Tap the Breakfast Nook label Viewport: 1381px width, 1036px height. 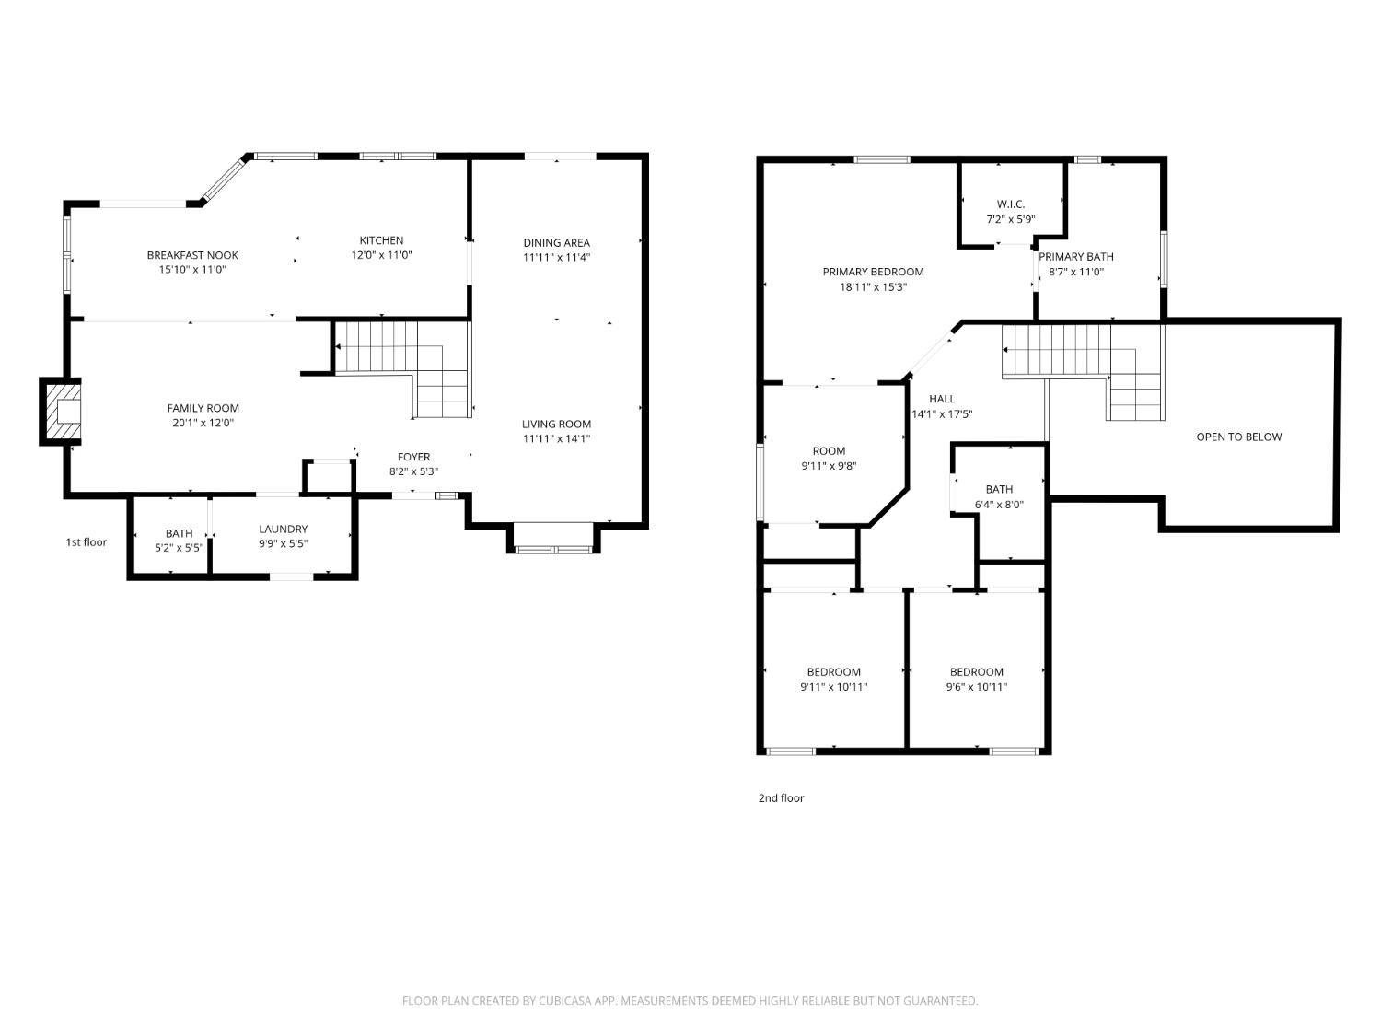coord(192,255)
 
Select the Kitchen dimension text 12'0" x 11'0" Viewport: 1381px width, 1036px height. coord(381,256)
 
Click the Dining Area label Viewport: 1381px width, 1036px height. coord(556,243)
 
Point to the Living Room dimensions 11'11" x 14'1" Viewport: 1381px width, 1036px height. coord(556,439)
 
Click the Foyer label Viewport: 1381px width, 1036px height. coord(413,457)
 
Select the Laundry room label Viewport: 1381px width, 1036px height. coord(283,529)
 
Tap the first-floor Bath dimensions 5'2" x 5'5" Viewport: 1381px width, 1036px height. coord(179,548)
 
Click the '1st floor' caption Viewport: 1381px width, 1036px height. coord(86,542)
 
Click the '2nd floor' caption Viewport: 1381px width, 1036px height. coord(781,798)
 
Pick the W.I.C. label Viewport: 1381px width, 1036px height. coord(1010,204)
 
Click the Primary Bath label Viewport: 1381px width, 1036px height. coord(1076,257)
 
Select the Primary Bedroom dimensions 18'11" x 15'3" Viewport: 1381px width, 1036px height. coord(873,287)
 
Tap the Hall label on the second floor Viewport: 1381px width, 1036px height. coord(942,399)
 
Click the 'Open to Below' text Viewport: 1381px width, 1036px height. coord(1238,437)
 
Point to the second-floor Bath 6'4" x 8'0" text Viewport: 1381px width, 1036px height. coord(999,505)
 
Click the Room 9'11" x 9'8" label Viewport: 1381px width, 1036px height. coord(829,451)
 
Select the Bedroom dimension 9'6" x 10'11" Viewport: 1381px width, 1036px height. coord(977,687)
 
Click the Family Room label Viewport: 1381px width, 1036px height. coord(203,408)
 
